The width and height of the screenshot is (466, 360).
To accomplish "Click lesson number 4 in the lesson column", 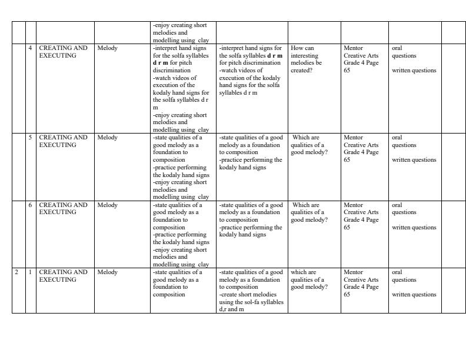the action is (31, 48).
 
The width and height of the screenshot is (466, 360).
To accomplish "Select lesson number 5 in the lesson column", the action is (31, 138).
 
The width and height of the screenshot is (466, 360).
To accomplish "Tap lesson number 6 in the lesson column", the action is (31, 205).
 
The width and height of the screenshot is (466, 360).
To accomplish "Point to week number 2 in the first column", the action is (17, 272).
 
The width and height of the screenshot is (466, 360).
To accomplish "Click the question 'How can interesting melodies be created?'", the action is (306, 59).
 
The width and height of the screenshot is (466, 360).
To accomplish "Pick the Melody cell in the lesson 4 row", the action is (108, 48).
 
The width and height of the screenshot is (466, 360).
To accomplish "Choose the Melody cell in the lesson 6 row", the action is (108, 205).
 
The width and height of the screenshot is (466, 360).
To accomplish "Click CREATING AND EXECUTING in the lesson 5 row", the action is (63, 141).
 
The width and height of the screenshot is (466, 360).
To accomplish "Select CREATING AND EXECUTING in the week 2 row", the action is (63, 276).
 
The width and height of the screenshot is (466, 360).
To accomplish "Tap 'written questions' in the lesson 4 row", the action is (414, 71).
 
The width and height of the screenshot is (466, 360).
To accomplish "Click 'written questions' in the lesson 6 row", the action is (414, 228).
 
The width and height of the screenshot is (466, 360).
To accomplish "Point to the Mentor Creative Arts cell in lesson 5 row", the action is (362, 148).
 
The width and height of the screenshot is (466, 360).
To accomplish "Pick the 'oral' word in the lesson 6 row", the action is (398, 205).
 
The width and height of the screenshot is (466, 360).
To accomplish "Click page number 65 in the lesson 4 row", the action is (347, 71).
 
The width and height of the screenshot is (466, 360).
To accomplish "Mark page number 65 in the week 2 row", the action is (347, 295).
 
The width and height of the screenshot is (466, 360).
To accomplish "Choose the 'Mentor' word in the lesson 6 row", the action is (354, 205).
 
